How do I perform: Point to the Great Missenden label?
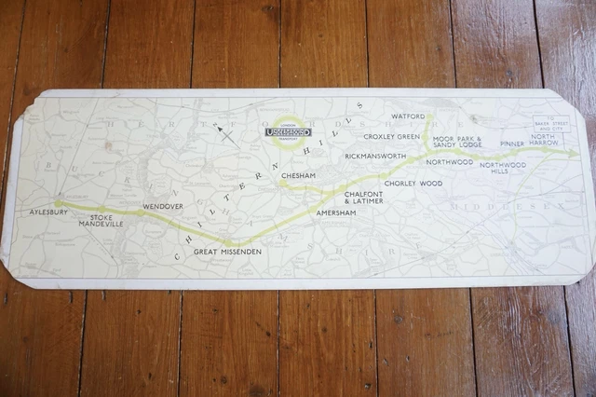pyautogui.click(x=227, y=253)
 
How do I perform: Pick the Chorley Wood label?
pyautogui.click(x=413, y=184)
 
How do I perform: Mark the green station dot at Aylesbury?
pyautogui.click(x=58, y=203)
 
